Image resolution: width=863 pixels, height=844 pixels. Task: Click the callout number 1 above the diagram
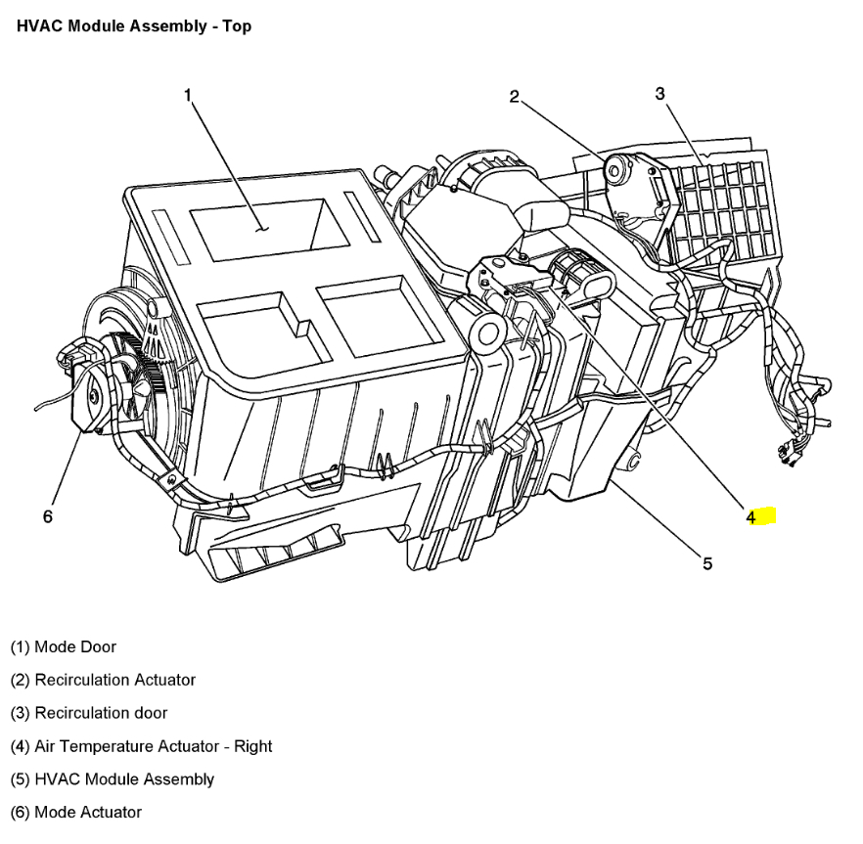(188, 95)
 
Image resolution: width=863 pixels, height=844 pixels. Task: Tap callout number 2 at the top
(514, 96)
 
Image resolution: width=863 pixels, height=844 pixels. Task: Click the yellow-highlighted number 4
(752, 516)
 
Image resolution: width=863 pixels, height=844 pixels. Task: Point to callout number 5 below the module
(706, 562)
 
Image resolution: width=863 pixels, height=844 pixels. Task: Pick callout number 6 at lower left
(47, 516)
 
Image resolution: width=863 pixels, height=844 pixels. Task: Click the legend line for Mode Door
(64, 646)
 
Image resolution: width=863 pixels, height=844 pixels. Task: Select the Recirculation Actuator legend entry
(103, 680)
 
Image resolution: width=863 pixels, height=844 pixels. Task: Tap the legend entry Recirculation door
(89, 713)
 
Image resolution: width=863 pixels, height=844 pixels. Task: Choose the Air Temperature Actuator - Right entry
(142, 746)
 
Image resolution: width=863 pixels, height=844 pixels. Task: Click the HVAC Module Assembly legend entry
(113, 779)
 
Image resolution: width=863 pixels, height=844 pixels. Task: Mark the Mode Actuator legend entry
(76, 812)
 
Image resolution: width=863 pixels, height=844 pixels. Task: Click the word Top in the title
(236, 26)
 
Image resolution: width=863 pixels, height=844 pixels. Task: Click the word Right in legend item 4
(252, 746)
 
